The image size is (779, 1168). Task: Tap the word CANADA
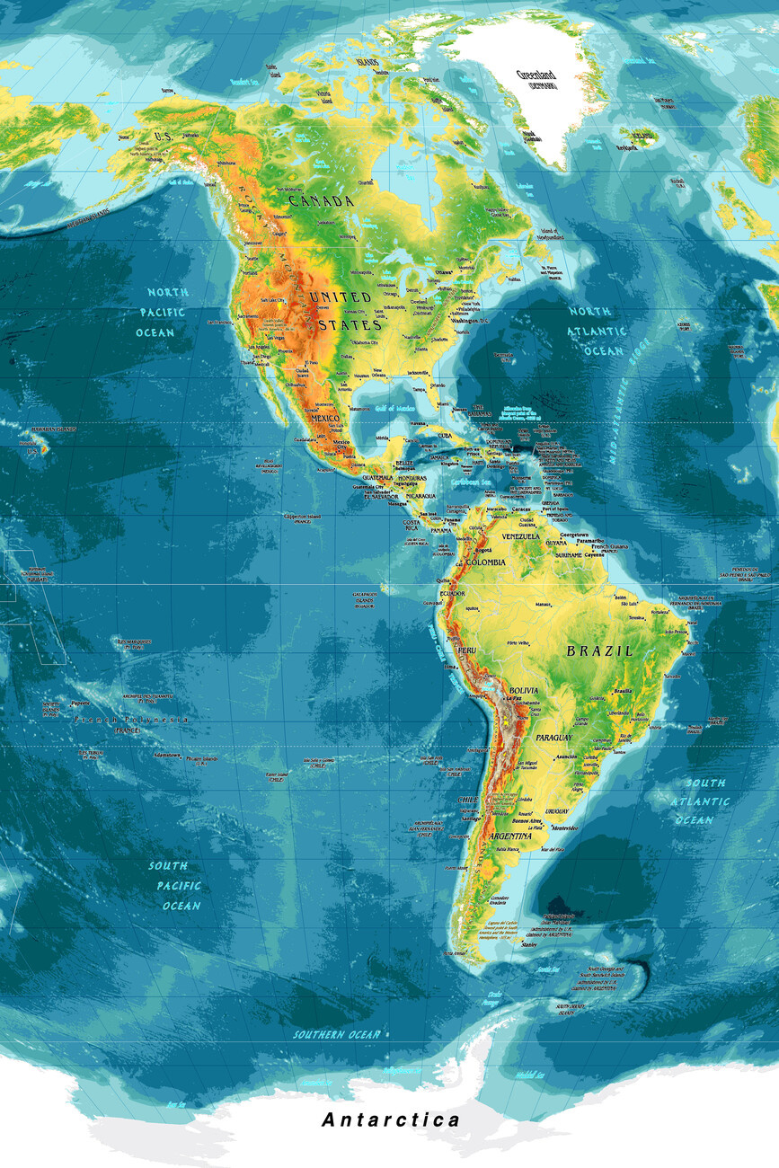tap(321, 201)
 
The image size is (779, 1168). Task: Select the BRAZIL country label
tap(599, 650)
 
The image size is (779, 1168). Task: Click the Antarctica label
tap(390, 1119)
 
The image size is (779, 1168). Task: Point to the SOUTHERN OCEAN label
tap(337, 1034)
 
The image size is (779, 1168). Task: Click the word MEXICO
tap(325, 420)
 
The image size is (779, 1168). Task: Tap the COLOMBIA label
tap(482, 562)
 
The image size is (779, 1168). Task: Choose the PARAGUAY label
tap(553, 738)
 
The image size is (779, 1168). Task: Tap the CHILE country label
tap(467, 799)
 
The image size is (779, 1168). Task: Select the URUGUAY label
tap(557, 810)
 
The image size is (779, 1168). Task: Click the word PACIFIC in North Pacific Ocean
tap(162, 312)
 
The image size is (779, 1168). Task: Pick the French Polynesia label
tap(131, 720)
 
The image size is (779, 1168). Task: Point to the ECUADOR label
tap(452, 594)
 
